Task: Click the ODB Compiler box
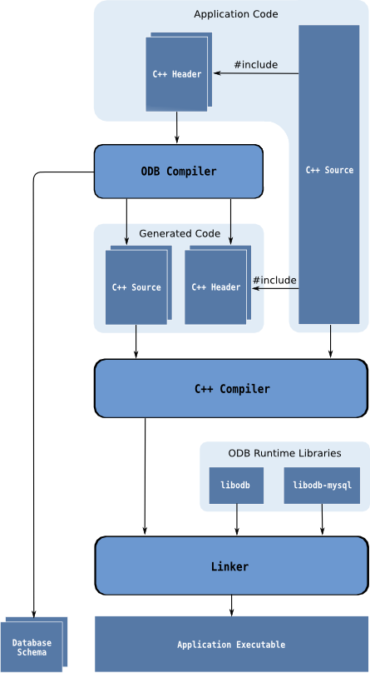tap(178, 172)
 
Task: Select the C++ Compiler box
tap(231, 388)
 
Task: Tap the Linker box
tap(231, 566)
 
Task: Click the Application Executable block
tap(231, 644)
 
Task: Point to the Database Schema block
tap(34, 645)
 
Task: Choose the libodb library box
tap(236, 486)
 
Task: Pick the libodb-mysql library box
tap(322, 486)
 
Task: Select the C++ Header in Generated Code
tap(218, 285)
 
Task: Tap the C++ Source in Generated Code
tap(138, 285)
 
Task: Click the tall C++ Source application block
tap(329, 174)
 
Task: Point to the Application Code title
tap(236, 14)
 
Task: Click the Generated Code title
tap(180, 233)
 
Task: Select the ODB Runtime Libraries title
tap(285, 453)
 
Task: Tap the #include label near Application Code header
tap(255, 65)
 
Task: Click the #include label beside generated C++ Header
tap(274, 280)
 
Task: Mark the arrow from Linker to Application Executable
tap(232, 606)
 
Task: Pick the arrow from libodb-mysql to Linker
tap(322, 520)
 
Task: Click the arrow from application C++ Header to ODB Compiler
tap(176, 127)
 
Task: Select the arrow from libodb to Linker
tap(237, 520)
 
